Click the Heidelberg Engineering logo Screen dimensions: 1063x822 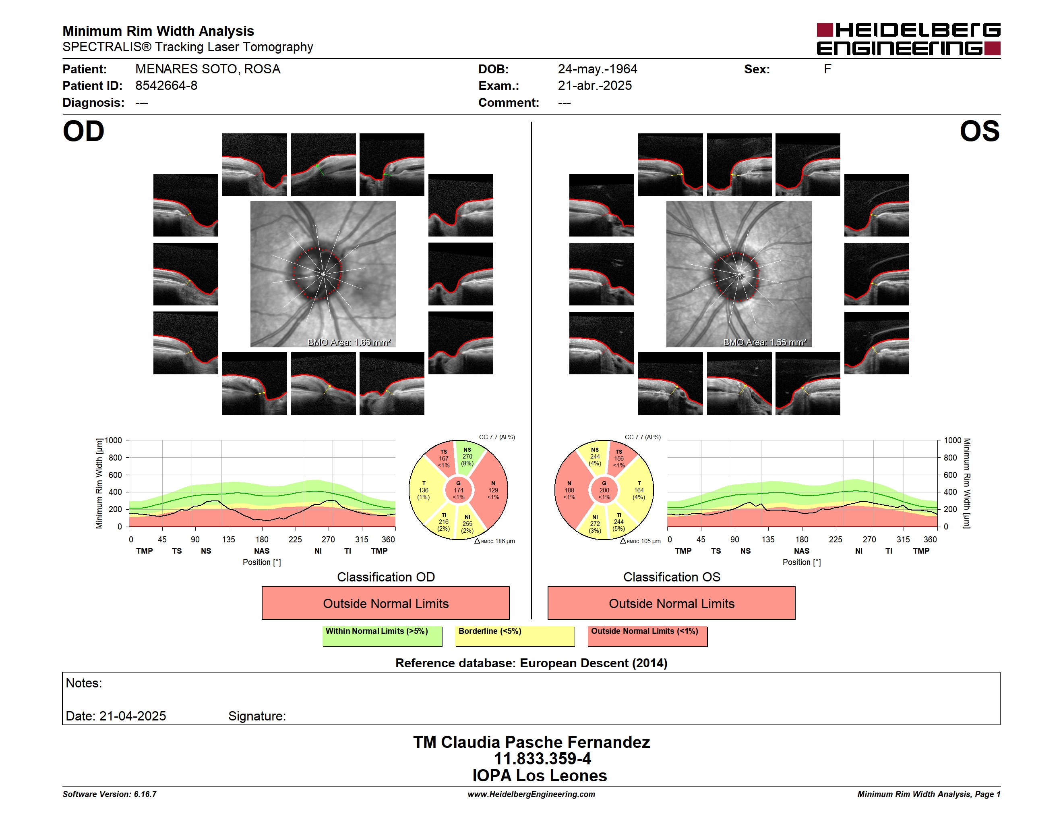908,39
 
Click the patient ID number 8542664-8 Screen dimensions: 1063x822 166,86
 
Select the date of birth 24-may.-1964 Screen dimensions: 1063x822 597,69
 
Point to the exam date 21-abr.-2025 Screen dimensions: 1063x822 594,86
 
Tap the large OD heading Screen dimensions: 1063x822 83,131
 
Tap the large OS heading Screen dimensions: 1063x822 979,131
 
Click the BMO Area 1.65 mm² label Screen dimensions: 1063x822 349,342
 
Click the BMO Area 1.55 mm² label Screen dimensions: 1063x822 765,342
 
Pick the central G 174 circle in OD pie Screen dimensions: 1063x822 459,490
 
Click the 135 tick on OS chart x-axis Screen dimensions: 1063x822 768,540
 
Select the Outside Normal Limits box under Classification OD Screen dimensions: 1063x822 385,603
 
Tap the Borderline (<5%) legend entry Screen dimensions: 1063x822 515,636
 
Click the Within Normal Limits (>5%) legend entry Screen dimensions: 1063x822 382,636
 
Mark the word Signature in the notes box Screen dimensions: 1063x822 256,716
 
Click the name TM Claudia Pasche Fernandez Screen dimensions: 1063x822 531,742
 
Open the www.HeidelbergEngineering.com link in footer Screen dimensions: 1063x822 531,794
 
